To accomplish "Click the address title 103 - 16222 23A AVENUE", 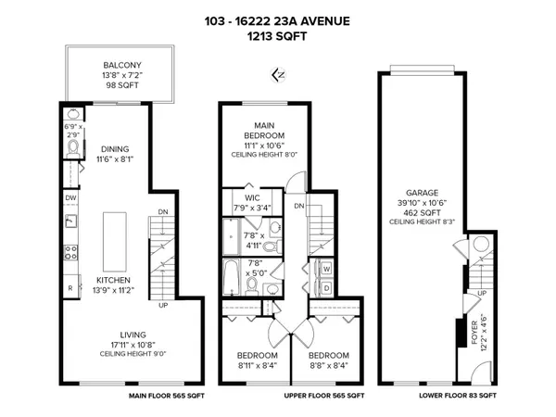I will tap(278, 20).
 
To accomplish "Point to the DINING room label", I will tap(115, 148).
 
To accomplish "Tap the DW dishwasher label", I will tap(70, 197).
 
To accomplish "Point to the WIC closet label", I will tap(251, 197).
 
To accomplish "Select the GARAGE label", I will tap(421, 194).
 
